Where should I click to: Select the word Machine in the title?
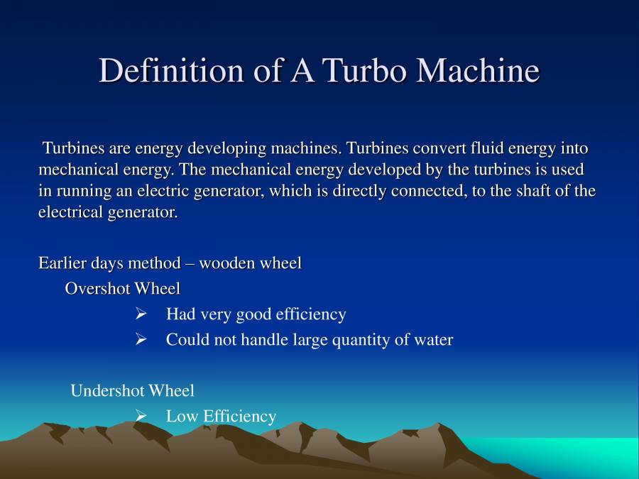click(x=478, y=71)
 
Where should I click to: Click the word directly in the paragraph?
click(x=339, y=192)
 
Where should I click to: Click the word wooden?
click(x=227, y=263)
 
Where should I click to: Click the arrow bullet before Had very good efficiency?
click(x=141, y=314)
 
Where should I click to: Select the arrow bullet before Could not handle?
click(x=141, y=340)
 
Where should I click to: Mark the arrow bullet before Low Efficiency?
click(x=141, y=417)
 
